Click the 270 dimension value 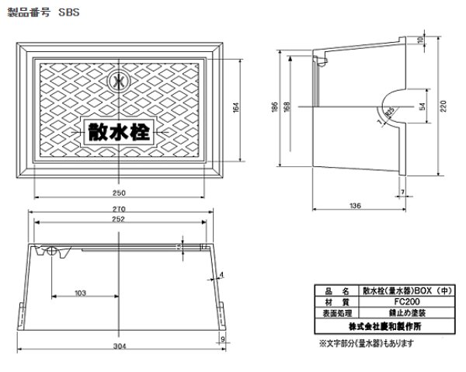[x=119, y=210]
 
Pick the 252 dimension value [x=119, y=220]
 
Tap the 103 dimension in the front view [x=80, y=293]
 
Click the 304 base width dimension [x=119, y=346]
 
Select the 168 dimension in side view [x=289, y=106]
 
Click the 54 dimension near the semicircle [x=421, y=106]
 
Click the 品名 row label [x=337, y=291]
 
